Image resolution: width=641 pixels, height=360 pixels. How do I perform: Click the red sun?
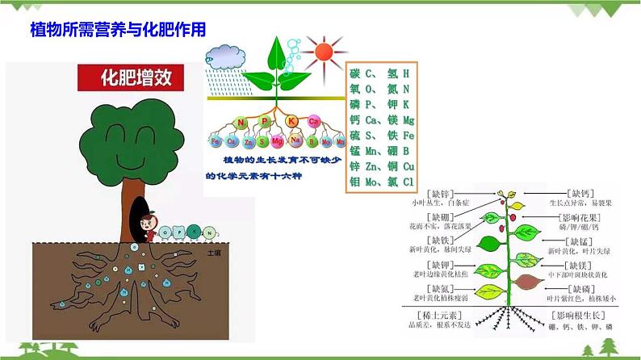(323, 52)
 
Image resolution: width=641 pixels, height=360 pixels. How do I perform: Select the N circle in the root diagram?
(241, 123)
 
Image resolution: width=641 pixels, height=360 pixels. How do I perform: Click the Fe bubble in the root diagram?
(216, 142)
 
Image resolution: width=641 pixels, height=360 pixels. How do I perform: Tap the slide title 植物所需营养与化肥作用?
(117, 29)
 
